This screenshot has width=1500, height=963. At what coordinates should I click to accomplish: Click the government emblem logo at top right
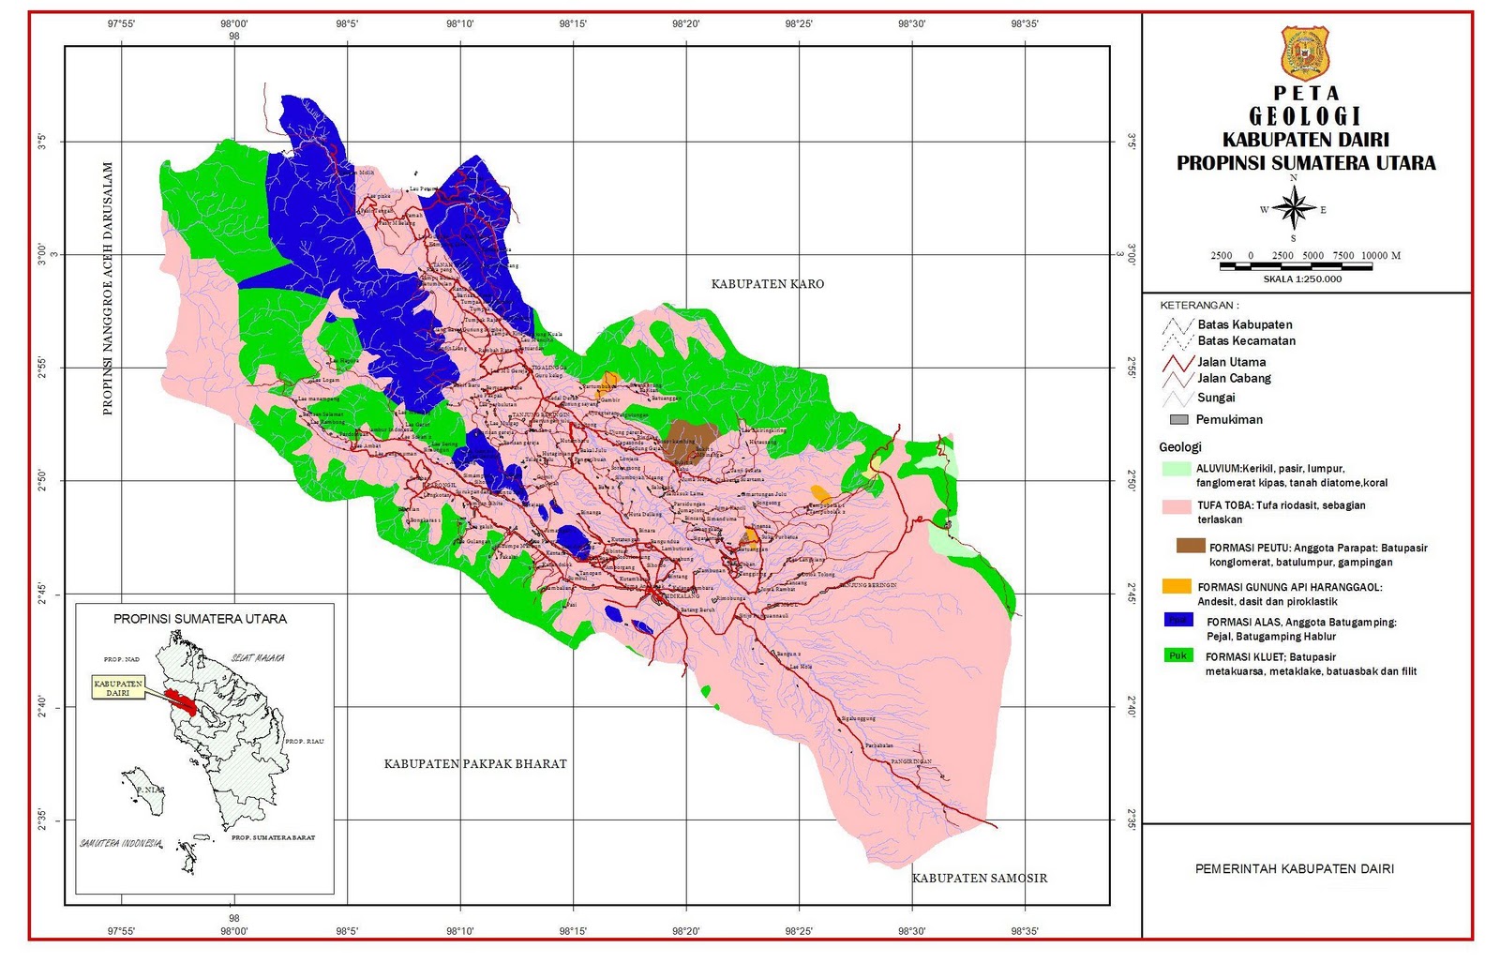(1305, 53)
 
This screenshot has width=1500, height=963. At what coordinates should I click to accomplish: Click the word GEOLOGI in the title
(1305, 116)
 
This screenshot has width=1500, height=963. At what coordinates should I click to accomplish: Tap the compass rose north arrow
(1294, 207)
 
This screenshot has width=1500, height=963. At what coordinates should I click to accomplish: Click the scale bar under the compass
(1296, 266)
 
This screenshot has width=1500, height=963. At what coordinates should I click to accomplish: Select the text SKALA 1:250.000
(1302, 279)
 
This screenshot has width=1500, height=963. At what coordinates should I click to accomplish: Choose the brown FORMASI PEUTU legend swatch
(1191, 546)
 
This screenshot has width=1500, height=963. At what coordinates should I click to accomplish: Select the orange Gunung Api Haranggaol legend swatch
(1176, 586)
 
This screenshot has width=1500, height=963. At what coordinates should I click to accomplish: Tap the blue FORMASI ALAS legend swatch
(1177, 620)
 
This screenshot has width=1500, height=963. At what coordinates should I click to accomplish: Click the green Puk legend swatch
(1177, 655)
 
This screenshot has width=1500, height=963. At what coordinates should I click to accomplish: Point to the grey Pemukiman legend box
(1179, 419)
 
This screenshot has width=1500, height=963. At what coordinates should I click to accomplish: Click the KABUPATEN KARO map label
(767, 284)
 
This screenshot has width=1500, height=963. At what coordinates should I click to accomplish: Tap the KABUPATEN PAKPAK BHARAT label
(475, 764)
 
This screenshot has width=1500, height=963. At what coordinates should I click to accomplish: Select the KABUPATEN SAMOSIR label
(980, 879)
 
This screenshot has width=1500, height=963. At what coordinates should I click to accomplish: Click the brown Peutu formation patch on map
(692, 438)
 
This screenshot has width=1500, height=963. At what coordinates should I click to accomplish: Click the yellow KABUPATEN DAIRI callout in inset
(118, 687)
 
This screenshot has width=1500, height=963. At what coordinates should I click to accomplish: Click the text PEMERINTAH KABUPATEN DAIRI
(1294, 869)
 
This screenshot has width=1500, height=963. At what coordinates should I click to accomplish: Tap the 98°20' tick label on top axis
(685, 24)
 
